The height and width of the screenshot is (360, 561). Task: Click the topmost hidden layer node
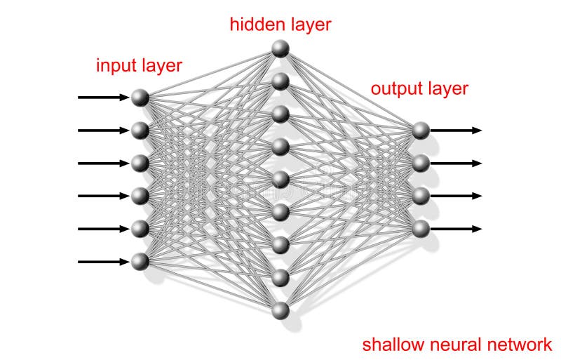280,48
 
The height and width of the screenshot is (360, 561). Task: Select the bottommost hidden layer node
280,310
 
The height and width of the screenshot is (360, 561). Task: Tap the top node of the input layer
140,98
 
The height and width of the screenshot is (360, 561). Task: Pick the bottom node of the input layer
140,262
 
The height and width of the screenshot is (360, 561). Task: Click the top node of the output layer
421,130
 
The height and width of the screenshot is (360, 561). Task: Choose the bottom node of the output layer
421,228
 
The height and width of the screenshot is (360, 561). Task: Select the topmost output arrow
456,130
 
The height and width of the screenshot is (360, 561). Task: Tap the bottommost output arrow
456,228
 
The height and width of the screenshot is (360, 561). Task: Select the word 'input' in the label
115,66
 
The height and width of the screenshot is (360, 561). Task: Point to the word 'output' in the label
393,88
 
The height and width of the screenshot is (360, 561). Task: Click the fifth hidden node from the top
280,180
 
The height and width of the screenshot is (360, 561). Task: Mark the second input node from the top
140,131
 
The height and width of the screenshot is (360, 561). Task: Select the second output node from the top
421,163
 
